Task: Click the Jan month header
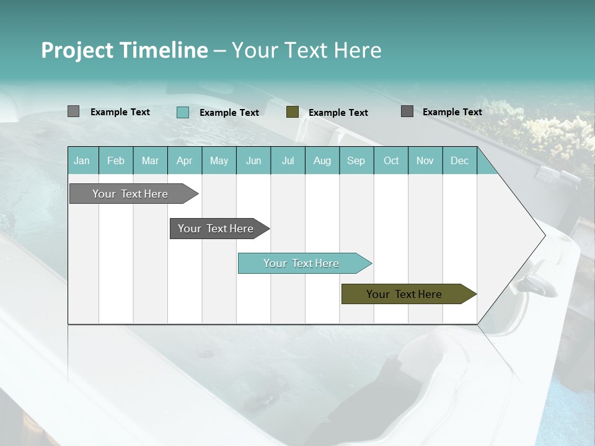tap(82, 160)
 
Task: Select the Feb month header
tap(116, 160)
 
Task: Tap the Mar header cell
tap(150, 160)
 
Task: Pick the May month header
tap(219, 160)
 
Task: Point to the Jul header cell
tap(288, 160)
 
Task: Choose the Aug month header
tap(322, 160)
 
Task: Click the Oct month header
tap(391, 160)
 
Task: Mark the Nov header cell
tap(425, 160)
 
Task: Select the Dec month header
tap(459, 160)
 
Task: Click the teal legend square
tap(183, 112)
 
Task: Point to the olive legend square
tap(293, 112)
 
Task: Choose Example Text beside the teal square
tap(229, 112)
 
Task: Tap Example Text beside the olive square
tap(338, 112)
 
